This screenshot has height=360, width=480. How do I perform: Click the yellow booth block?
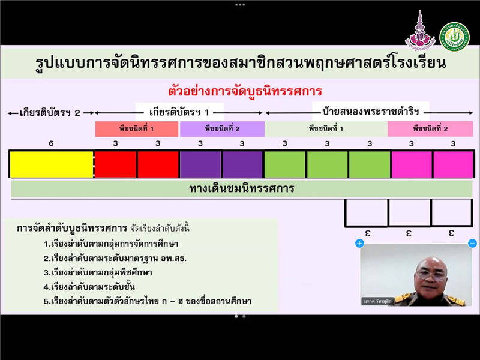[52, 164]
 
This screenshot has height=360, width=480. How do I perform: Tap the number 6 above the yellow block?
[51, 143]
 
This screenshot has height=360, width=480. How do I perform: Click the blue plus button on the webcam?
[359, 244]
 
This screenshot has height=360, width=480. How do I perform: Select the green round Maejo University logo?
[454, 37]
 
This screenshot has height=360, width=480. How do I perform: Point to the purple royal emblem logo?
[420, 31]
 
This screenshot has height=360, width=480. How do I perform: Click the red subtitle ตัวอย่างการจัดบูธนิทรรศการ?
[245, 92]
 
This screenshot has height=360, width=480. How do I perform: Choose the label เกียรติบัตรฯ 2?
[50, 113]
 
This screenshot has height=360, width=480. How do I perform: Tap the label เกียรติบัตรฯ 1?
[179, 112]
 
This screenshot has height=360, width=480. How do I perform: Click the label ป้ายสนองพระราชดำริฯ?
[371, 112]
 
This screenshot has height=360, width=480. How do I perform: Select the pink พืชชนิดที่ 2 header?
[430, 128]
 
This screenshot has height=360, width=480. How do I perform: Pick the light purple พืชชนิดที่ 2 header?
[222, 129]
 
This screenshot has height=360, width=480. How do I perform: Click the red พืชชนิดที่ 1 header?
[137, 129]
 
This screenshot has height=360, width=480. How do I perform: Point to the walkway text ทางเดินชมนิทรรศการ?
[242, 188]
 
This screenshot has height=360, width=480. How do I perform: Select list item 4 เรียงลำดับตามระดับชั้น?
[89, 287]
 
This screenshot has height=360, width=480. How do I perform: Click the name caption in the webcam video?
[377, 301]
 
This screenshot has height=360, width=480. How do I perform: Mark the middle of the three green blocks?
[327, 164]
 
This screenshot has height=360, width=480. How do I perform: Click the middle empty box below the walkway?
[409, 212]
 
